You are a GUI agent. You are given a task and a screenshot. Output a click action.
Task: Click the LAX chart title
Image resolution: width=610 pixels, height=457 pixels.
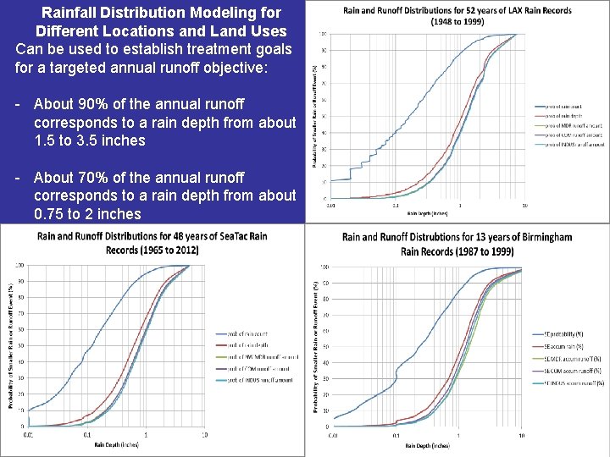(457, 15)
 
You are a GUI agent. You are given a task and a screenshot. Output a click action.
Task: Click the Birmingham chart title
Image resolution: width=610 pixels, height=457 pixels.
(457, 244)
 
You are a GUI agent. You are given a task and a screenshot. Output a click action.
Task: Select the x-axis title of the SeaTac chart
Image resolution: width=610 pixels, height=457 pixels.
(118, 444)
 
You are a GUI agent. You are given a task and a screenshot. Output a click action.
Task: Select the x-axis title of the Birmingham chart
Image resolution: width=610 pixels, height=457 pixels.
(427, 445)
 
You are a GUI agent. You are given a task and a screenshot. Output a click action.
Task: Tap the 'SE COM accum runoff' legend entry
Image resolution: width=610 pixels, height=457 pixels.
(568, 371)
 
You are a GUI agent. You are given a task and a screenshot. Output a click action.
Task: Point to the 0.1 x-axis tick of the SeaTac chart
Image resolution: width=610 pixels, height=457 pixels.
(86, 436)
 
